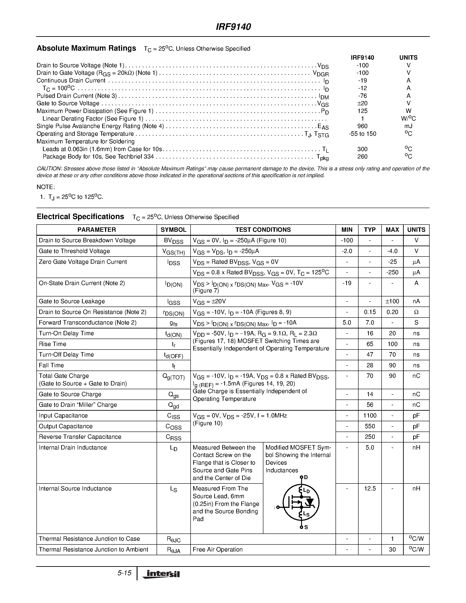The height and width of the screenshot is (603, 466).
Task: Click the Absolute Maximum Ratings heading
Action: (86, 48)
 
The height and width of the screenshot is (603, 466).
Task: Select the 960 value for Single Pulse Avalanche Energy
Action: (362, 126)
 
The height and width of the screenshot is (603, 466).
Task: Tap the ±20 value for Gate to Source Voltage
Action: (362, 103)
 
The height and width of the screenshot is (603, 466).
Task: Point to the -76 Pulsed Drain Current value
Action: (362, 96)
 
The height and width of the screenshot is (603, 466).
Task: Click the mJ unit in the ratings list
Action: (408, 126)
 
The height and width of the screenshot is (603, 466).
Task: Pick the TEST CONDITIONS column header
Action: (263, 230)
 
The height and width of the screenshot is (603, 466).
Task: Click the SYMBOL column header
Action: (173, 230)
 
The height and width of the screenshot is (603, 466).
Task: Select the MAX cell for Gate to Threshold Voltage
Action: (392, 251)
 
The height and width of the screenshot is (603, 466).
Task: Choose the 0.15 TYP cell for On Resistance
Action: (370, 312)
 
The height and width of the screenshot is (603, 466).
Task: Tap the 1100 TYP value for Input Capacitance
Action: (370, 416)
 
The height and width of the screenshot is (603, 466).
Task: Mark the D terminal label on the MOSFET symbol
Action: (306, 477)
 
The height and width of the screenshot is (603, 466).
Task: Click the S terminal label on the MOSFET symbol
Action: (306, 527)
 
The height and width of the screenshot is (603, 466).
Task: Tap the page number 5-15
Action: (124, 573)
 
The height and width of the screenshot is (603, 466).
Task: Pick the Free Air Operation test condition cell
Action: (218, 550)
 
